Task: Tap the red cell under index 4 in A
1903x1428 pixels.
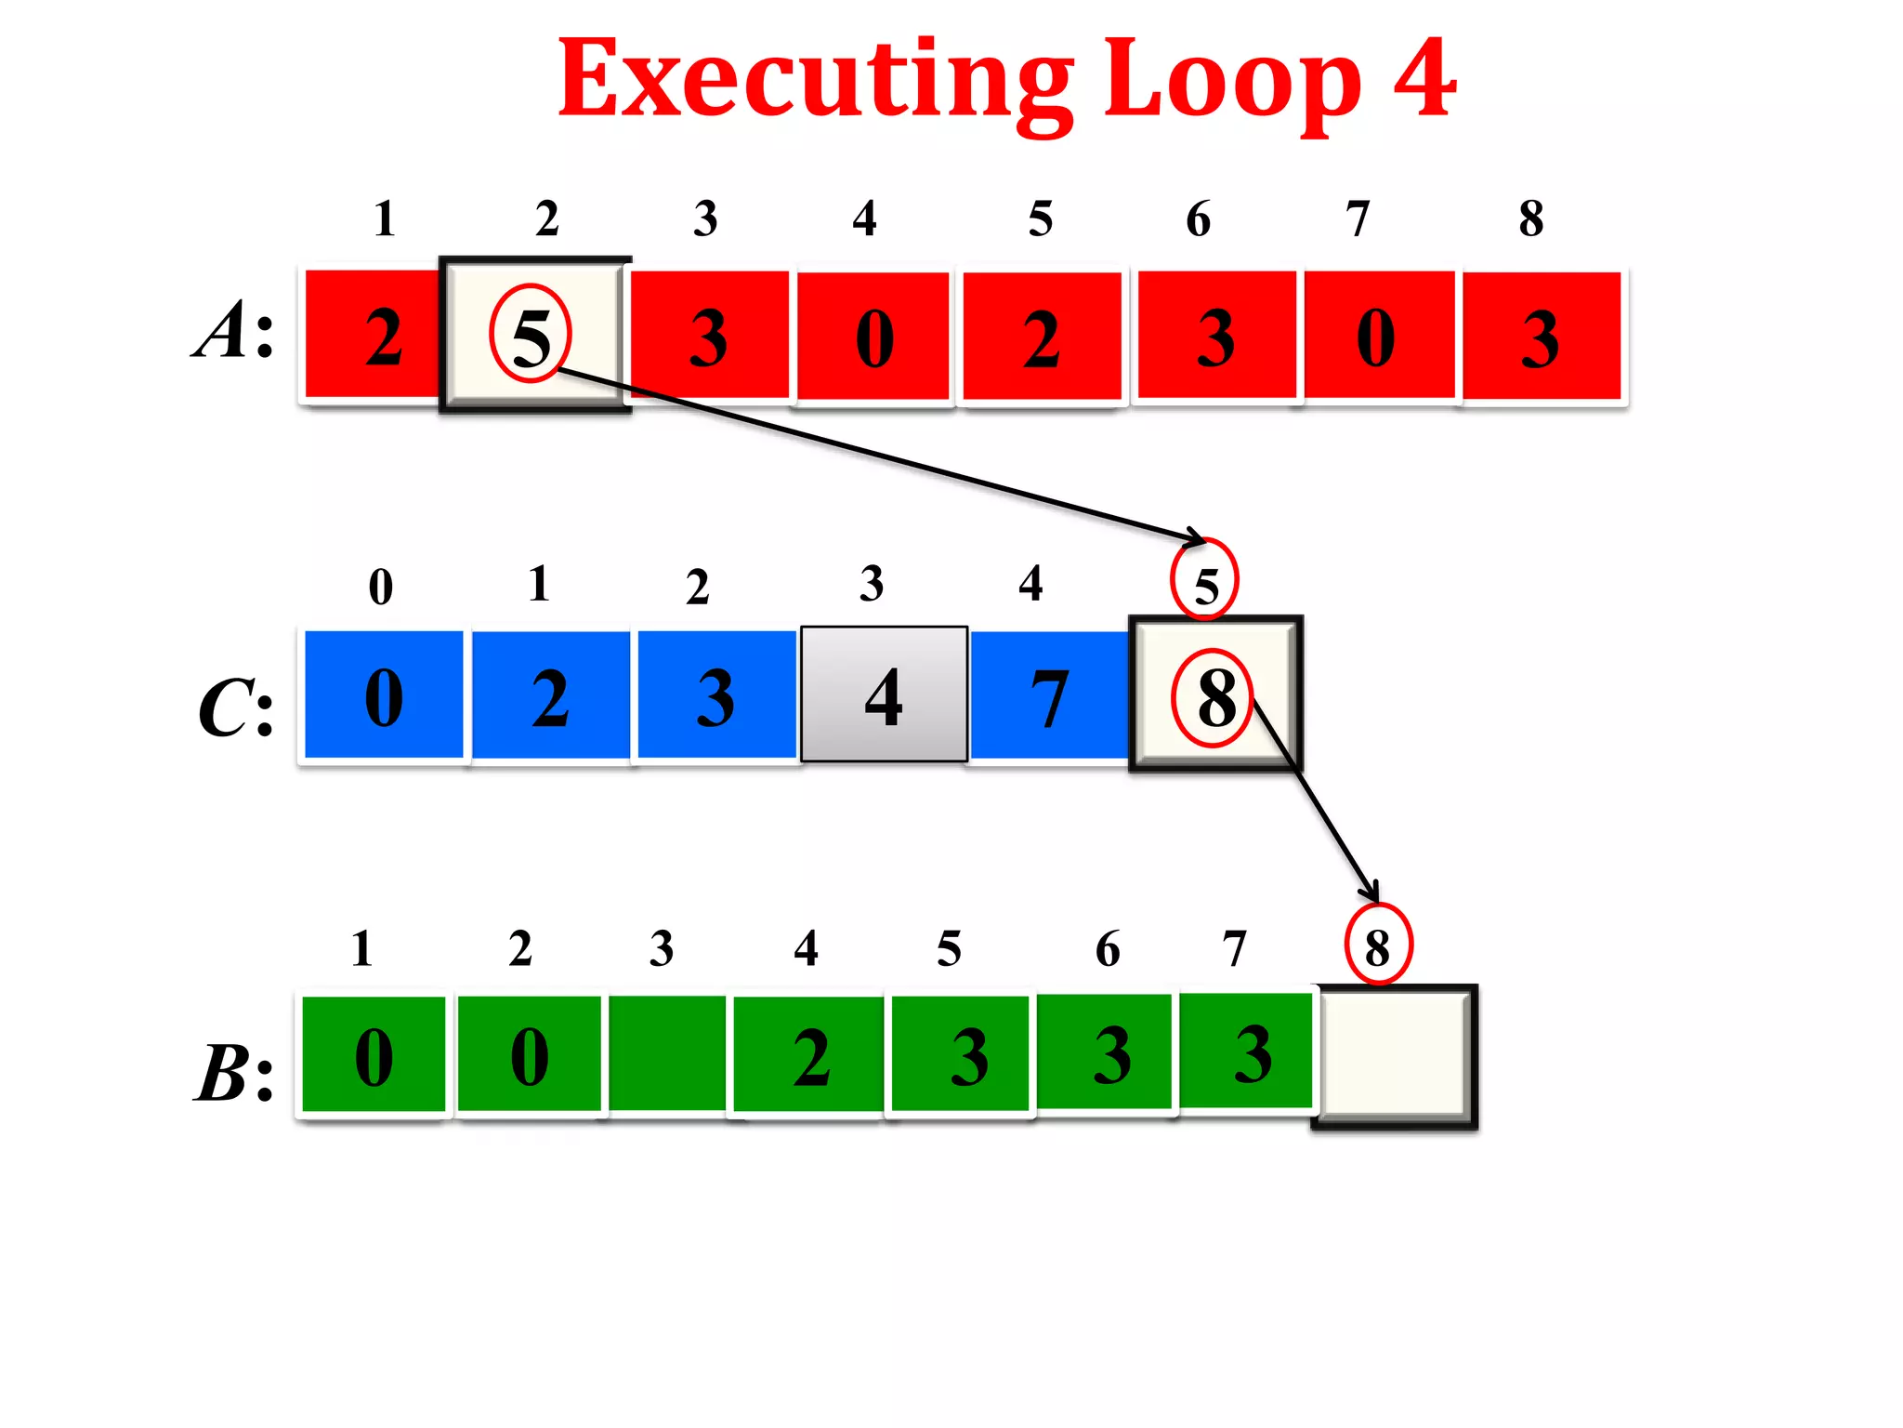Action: tap(873, 337)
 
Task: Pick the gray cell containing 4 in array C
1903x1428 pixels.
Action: tap(884, 694)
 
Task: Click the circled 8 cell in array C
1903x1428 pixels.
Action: tap(1214, 695)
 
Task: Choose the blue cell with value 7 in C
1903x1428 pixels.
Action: tap(1049, 695)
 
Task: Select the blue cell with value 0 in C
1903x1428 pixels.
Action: tap(384, 695)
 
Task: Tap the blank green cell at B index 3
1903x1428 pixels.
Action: tap(667, 1054)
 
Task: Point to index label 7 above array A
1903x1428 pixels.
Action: tap(1358, 219)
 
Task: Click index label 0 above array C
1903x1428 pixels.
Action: tap(381, 587)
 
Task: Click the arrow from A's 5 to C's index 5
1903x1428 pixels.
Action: tap(883, 455)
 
